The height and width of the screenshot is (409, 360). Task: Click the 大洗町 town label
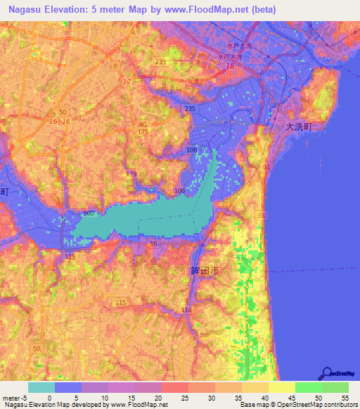coord(302,127)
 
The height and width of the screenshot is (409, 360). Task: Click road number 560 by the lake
coord(88,213)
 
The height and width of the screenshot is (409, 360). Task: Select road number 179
coord(131,174)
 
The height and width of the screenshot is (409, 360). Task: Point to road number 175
coord(143,131)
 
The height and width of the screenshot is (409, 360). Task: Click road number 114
coord(186,310)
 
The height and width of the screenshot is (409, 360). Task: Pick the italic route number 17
coord(127,82)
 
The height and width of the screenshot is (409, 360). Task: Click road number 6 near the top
coord(115,65)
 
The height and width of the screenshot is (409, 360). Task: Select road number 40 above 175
coord(143,124)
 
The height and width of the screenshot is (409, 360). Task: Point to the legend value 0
coord(49,398)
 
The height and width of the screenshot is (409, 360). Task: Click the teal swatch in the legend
coord(41,387)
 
